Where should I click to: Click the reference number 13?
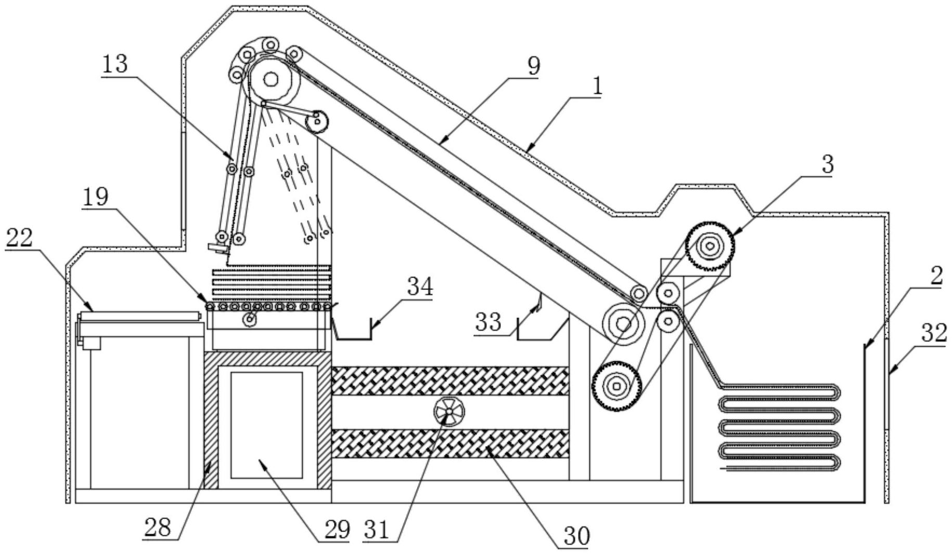tap(114, 65)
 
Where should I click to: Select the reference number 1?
tap(598, 86)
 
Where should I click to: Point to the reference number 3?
tap(828, 165)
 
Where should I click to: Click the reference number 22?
tap(19, 238)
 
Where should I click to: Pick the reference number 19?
tap(95, 197)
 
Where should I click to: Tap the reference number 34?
tap(420, 286)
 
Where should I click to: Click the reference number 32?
tap(934, 333)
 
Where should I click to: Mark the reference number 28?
tap(158, 528)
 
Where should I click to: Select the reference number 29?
tap(337, 529)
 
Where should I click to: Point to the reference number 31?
tap(377, 530)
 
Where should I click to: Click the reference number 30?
tap(576, 536)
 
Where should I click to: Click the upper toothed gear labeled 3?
tap(710, 246)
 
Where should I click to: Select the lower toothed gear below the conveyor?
tap(617, 386)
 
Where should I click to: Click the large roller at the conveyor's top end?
tap(271, 80)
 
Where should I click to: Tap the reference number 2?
tap(936, 276)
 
